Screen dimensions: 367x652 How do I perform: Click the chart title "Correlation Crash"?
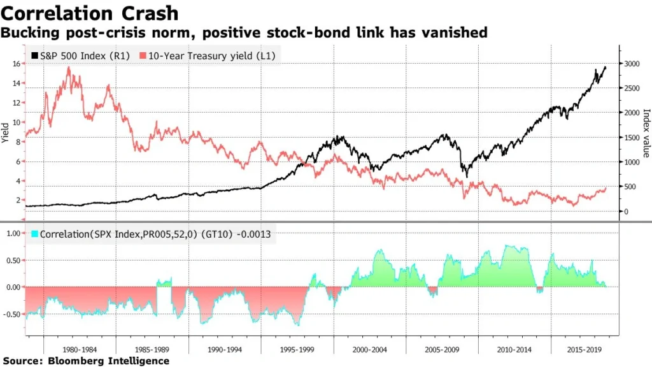(x=90, y=13)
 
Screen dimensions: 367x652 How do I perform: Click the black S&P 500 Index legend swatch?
(x=34, y=56)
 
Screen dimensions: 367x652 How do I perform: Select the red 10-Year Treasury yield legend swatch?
(x=143, y=56)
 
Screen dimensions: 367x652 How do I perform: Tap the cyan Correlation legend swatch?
(x=34, y=234)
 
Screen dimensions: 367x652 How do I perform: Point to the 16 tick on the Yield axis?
(x=17, y=64)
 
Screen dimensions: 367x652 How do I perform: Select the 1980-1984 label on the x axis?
(x=80, y=349)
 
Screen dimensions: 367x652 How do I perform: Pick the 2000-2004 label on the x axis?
(x=370, y=349)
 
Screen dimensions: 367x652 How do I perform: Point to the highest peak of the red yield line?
(x=68, y=68)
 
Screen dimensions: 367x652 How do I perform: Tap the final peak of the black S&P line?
(x=604, y=67)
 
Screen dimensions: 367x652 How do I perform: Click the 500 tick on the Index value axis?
(x=632, y=187)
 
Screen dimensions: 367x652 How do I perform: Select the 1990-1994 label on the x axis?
(x=225, y=349)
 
